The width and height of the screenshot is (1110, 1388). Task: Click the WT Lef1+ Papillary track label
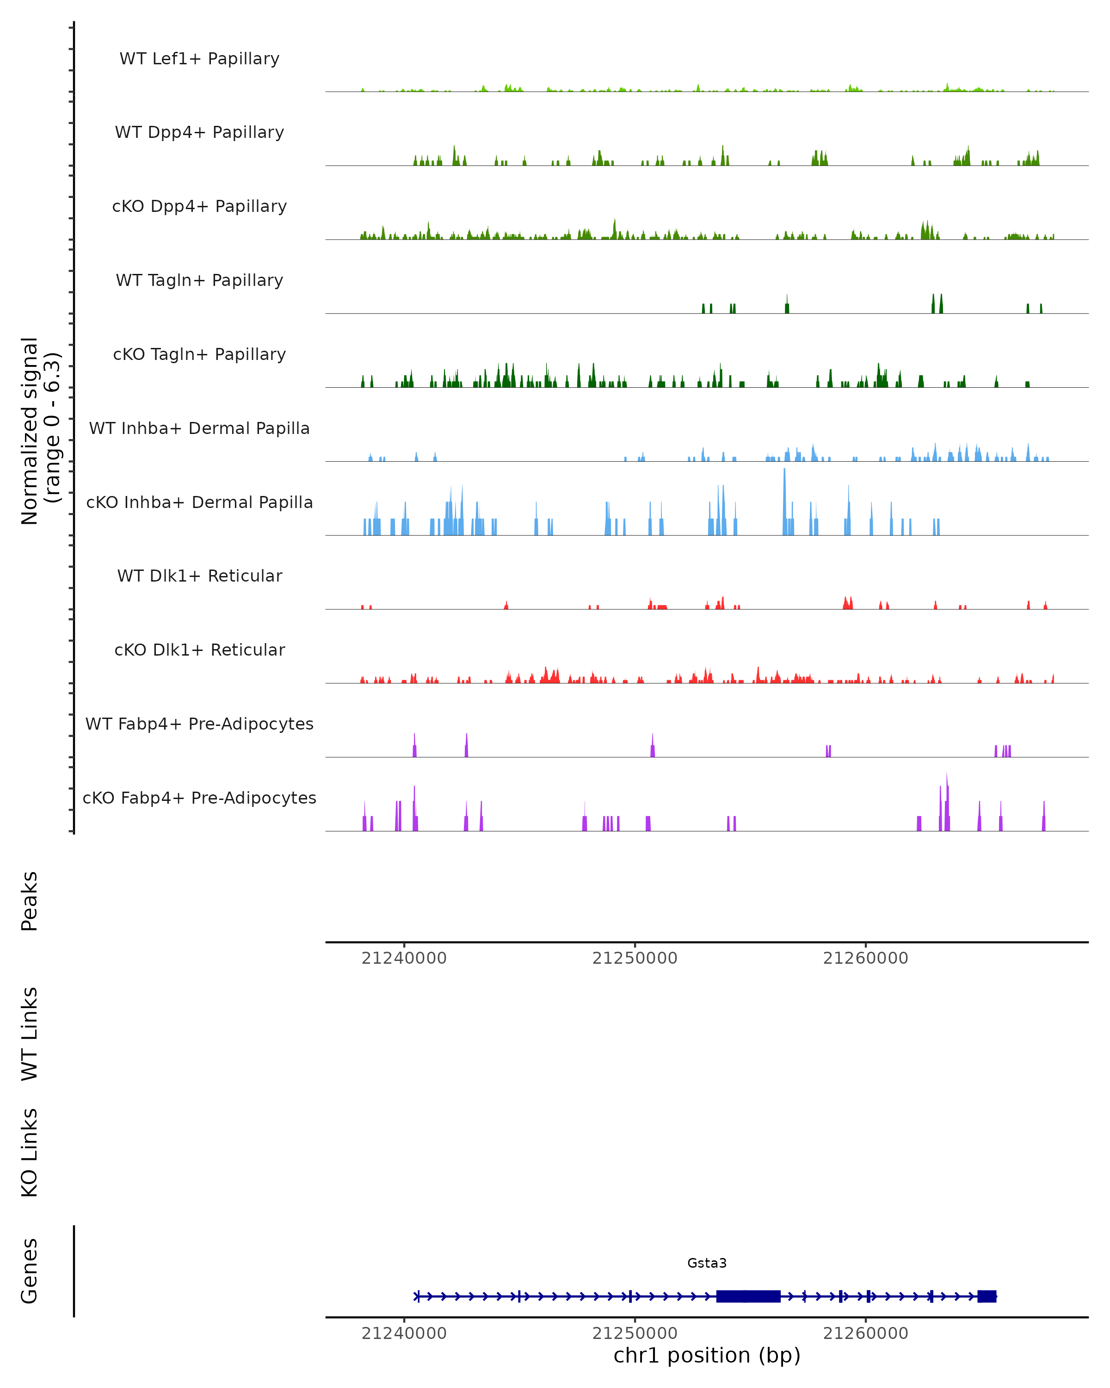point(199,59)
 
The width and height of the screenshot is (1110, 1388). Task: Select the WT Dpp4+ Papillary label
point(199,133)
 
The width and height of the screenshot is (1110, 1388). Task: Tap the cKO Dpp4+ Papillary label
point(199,207)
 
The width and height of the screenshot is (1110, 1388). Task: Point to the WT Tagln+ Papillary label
point(199,281)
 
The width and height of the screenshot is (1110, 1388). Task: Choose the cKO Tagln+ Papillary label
point(199,355)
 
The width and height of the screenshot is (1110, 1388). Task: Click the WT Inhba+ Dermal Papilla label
point(199,429)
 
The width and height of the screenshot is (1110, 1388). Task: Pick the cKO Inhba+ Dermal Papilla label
point(199,503)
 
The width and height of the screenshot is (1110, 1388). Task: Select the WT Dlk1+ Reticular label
point(199,576)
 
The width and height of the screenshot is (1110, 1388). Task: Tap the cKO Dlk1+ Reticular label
point(199,650)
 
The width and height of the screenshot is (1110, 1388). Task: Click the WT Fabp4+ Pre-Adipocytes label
point(199,724)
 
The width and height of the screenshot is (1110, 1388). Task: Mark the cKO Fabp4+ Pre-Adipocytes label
point(199,798)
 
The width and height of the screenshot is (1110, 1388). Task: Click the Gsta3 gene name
point(707,1263)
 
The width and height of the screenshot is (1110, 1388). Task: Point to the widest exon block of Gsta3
point(748,1296)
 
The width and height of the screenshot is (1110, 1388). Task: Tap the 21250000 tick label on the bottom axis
point(635,1333)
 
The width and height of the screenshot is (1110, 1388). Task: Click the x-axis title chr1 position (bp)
point(707,1355)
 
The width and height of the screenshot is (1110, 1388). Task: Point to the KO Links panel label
point(30,1153)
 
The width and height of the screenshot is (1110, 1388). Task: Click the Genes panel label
point(30,1271)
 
